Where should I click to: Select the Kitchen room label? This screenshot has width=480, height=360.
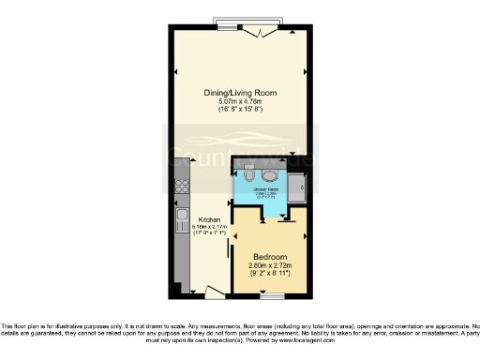point(208,220)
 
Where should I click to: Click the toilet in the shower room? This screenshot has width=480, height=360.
point(248,175)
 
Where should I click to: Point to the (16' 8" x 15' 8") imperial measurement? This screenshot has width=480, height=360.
point(239,109)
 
